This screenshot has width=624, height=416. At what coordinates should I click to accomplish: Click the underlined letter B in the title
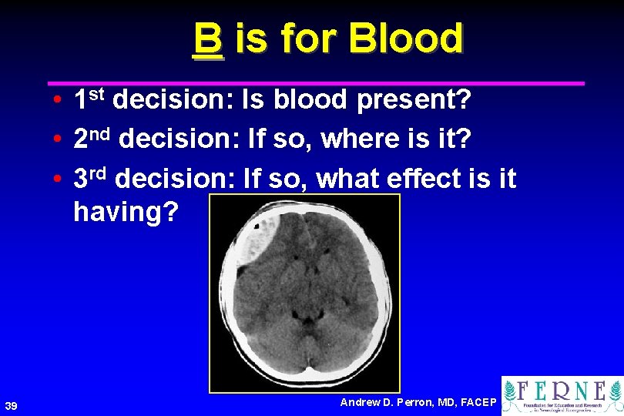(x=208, y=39)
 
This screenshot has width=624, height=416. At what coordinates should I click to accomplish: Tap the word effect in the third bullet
(x=423, y=179)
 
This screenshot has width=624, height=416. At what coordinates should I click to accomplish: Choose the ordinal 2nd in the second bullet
(x=93, y=139)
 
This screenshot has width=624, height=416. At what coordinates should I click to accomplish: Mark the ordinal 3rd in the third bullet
(x=92, y=178)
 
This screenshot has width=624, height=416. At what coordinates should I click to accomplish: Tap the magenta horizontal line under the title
(x=316, y=82)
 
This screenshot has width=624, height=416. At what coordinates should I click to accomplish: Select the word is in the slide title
(x=251, y=39)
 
